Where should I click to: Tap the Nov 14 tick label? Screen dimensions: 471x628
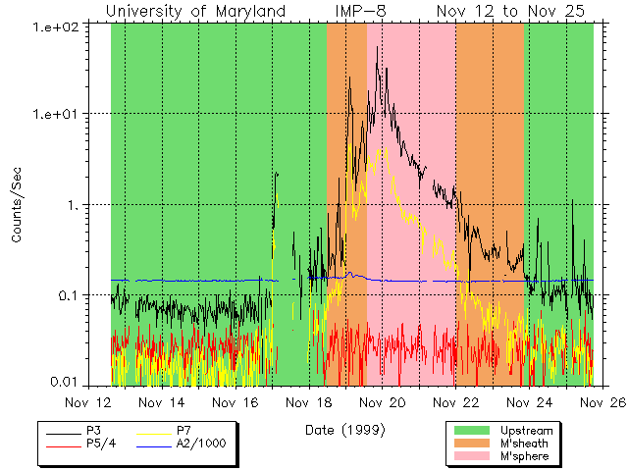[162, 402]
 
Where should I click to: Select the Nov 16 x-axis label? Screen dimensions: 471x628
[236, 402]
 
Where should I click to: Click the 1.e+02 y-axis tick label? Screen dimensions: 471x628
[55, 25]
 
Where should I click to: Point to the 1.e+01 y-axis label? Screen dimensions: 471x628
[55, 114]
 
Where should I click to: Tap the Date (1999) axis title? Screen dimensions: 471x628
[343, 430]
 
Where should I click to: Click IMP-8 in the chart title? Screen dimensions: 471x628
[362, 11]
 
